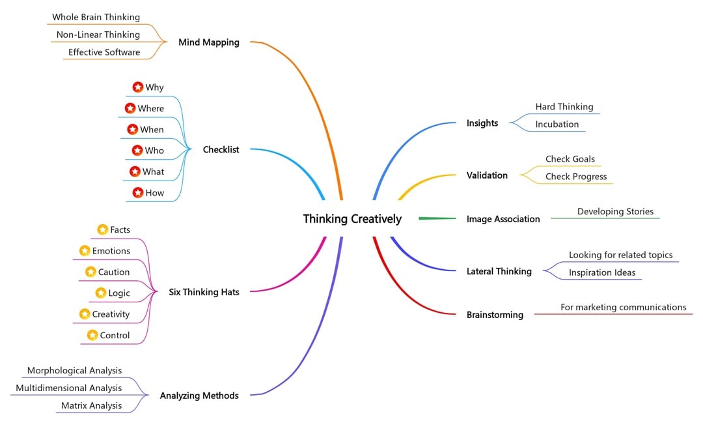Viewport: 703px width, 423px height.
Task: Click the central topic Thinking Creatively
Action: [352, 219]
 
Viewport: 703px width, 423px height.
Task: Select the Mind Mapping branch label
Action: [208, 42]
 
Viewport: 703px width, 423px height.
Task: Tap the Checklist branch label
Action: [221, 150]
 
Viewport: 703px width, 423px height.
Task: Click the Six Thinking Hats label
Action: [204, 293]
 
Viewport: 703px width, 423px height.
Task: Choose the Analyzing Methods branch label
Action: [199, 396]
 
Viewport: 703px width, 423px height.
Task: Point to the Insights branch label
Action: [482, 123]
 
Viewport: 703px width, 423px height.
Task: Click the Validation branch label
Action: [487, 175]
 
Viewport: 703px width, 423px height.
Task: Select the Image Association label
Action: [503, 220]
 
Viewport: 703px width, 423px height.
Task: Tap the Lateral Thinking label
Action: [499, 272]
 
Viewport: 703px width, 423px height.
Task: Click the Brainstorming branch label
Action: [495, 315]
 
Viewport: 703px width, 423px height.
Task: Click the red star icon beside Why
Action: [138, 87]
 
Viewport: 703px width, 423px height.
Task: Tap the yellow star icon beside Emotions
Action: [85, 251]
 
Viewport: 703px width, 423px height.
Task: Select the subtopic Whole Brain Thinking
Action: [96, 17]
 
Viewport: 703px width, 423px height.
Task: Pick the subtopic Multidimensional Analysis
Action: [69, 388]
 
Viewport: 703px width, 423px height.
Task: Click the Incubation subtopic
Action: [557, 124]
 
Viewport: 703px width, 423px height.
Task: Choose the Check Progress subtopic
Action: [575, 177]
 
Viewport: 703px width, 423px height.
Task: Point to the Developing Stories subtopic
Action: [614, 212]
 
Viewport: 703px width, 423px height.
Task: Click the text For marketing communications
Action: [623, 308]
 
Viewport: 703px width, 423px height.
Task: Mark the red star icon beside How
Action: [138, 193]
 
